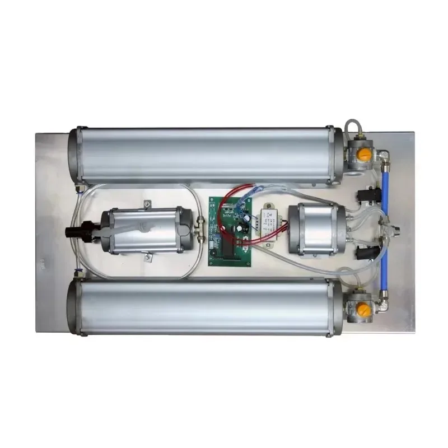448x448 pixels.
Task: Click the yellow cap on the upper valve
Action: pyautogui.click(x=364, y=154)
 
